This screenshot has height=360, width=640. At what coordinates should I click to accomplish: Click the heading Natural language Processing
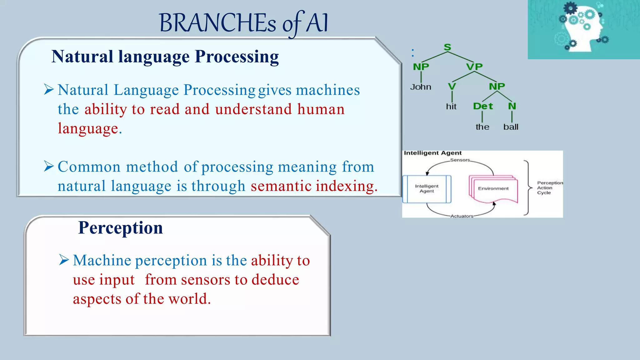pyautogui.click(x=165, y=57)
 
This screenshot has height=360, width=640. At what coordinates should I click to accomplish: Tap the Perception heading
pyautogui.click(x=120, y=227)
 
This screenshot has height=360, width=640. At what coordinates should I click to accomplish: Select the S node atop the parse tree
pyautogui.click(x=447, y=47)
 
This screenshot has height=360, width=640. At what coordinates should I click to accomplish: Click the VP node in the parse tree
pyautogui.click(x=474, y=67)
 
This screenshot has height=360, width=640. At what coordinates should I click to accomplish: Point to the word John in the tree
pyautogui.click(x=421, y=87)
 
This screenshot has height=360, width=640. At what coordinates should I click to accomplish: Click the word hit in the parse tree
pyautogui.click(x=451, y=107)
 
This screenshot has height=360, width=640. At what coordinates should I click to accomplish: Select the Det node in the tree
pyautogui.click(x=482, y=106)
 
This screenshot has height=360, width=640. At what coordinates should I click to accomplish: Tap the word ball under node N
pyautogui.click(x=511, y=127)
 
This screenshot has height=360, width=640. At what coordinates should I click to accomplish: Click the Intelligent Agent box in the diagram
pyautogui.click(x=427, y=189)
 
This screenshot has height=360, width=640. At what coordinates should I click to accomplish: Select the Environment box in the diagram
pyautogui.click(x=493, y=189)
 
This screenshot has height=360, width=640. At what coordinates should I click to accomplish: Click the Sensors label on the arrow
pyautogui.click(x=460, y=160)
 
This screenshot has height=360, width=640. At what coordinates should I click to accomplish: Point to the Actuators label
pyautogui.click(x=462, y=216)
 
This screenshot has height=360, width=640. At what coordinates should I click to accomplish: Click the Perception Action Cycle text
pyautogui.click(x=549, y=187)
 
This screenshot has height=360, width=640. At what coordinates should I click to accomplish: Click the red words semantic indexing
pyautogui.click(x=314, y=186)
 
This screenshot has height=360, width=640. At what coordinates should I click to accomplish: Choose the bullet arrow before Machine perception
pyautogui.click(x=64, y=260)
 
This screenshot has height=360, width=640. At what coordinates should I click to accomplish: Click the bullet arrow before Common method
pyautogui.click(x=49, y=166)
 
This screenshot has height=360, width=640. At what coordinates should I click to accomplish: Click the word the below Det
pyautogui.click(x=482, y=127)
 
